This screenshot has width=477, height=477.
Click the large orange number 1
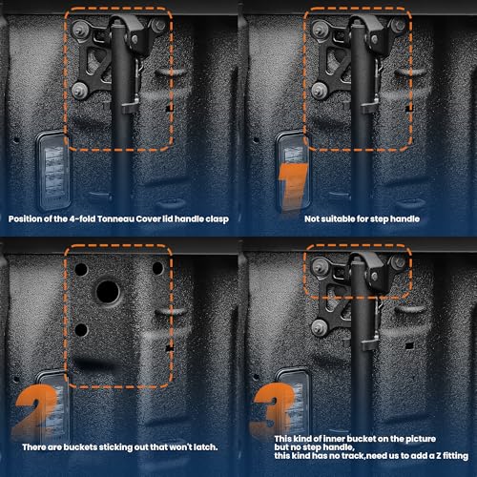point(294,187)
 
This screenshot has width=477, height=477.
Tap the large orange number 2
point(35,410)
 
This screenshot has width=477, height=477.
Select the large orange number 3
point(274,408)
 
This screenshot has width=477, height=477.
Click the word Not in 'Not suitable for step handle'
point(311,218)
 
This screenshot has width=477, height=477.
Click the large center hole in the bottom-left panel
point(108,292)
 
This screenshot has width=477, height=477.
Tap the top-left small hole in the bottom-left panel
point(81,270)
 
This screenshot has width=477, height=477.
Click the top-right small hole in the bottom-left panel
point(157,268)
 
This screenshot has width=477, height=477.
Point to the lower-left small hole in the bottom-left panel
point(81,330)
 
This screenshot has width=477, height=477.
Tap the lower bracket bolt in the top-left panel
point(78,91)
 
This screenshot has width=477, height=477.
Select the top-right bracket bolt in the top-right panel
point(398,26)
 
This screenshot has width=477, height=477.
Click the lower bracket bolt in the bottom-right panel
point(319,328)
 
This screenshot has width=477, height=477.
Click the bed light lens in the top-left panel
point(53,170)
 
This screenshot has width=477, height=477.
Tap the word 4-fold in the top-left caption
point(82,219)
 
